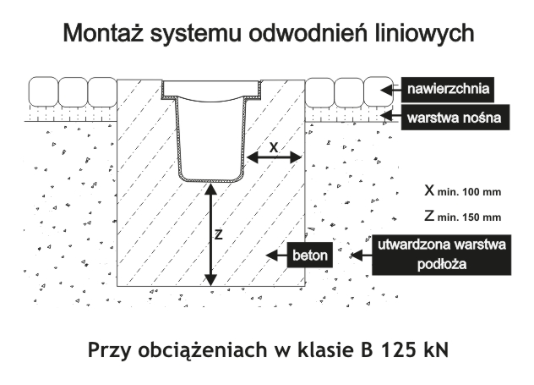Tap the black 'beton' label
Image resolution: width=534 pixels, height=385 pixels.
(308, 255)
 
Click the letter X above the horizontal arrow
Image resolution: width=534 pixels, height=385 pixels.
(274, 146)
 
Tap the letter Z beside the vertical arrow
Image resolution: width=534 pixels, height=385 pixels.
(218, 235)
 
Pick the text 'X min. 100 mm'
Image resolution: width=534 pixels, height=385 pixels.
(462, 190)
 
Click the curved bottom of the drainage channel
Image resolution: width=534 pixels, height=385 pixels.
(210, 178)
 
